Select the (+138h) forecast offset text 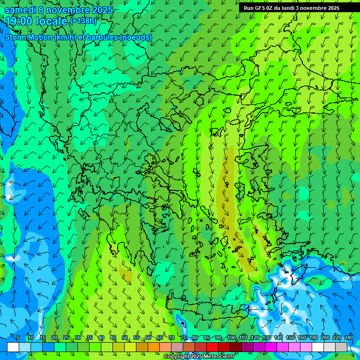83,21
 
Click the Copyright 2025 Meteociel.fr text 198,356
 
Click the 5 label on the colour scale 18,337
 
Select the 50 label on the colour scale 125,337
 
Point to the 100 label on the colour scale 232,337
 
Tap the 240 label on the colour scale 349,337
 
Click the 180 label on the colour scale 314,337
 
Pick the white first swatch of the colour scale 13,346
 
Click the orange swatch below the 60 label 142,346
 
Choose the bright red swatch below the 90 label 212,346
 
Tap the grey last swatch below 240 341,346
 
